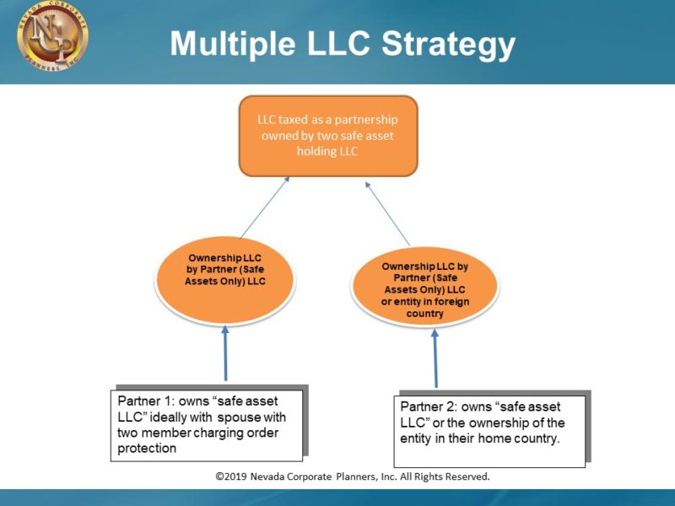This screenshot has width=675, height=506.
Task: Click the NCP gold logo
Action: tap(52, 38)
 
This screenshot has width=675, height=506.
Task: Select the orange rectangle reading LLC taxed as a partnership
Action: tap(328, 136)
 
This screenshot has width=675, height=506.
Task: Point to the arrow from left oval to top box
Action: tap(265, 207)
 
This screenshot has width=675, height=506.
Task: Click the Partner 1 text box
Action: tap(207, 423)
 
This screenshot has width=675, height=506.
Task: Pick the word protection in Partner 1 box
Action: tap(148, 449)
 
